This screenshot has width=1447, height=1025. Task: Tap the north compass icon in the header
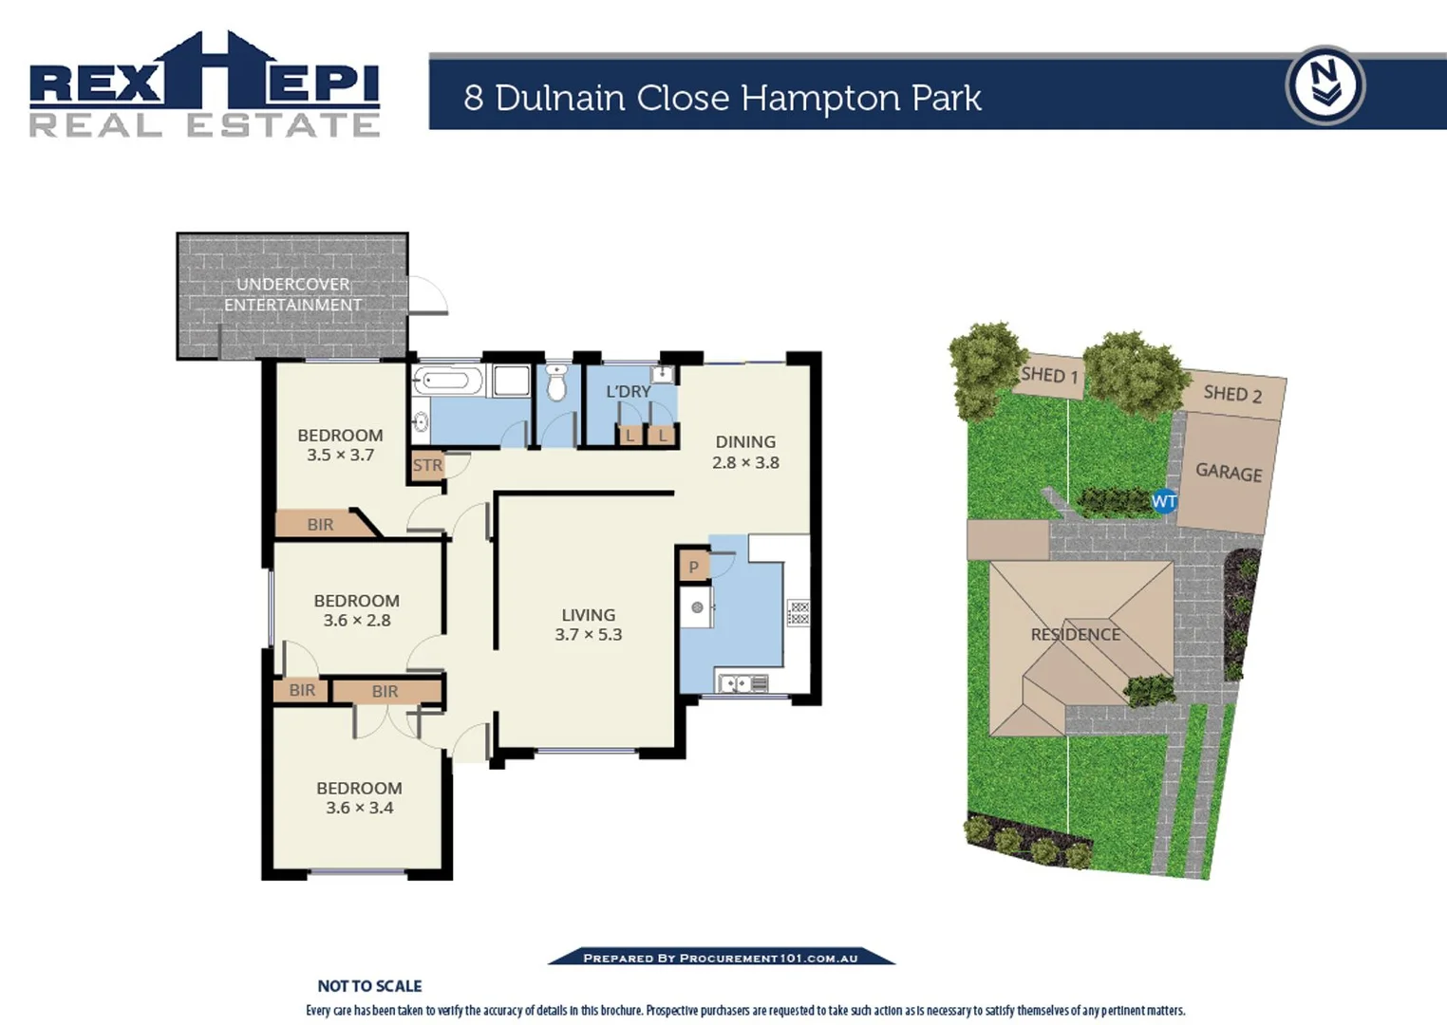(x=1325, y=85)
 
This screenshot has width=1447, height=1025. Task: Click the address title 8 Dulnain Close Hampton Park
(x=722, y=98)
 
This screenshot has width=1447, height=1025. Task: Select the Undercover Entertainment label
(x=292, y=294)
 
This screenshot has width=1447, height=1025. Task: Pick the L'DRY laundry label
(x=629, y=391)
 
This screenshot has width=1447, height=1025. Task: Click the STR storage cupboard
(x=427, y=465)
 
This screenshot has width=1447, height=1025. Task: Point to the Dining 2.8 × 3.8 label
(x=745, y=452)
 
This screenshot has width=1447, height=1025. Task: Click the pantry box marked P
(x=694, y=567)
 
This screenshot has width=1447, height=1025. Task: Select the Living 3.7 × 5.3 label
(x=589, y=624)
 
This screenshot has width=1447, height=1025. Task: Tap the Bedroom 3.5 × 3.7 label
(x=340, y=444)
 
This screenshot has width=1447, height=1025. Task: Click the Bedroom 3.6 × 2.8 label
(x=356, y=610)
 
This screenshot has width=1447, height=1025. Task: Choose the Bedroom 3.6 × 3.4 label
(x=359, y=797)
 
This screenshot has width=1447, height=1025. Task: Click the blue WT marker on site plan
(x=1164, y=501)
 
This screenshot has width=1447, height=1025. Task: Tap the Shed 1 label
(x=1049, y=375)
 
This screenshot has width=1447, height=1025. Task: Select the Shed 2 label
(x=1232, y=393)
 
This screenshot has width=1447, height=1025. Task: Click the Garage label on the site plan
(x=1229, y=472)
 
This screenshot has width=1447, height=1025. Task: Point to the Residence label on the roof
(x=1076, y=634)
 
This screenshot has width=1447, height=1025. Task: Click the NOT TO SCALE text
(x=369, y=986)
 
